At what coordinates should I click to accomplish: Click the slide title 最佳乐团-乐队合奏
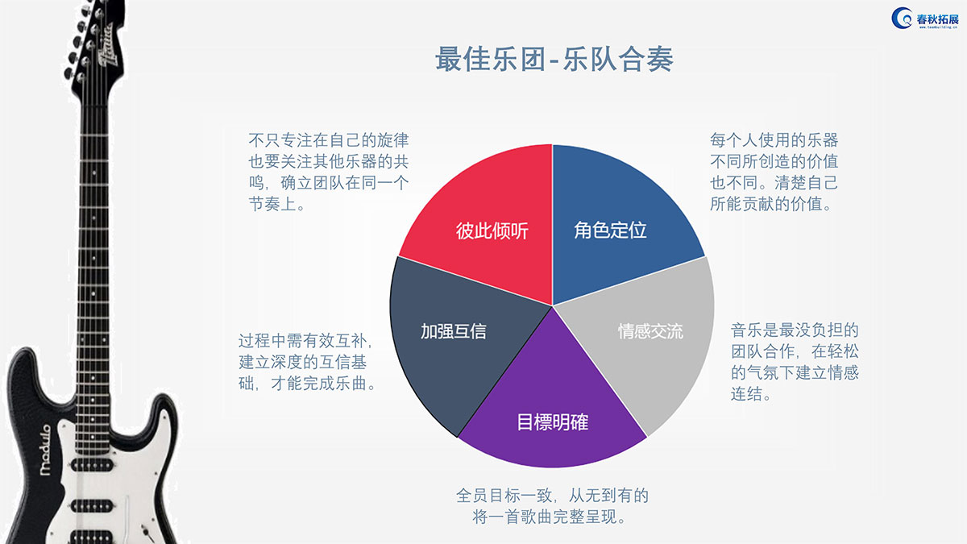(554, 59)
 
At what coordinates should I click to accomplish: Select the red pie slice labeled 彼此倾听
(488, 225)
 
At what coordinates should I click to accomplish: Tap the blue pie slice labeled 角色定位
(617, 225)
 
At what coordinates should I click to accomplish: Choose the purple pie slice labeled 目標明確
(552, 410)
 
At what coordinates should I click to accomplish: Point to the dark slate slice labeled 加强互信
(458, 341)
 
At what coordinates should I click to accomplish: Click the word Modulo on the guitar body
(45, 450)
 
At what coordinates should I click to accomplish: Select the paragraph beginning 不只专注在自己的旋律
(329, 172)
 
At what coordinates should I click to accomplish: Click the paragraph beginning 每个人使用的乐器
(774, 172)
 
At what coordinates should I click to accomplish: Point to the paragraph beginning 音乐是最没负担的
(795, 362)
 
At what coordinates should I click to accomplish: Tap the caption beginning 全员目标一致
(552, 506)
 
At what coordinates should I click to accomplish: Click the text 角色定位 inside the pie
(610, 230)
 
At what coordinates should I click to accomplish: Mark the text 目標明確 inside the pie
(552, 421)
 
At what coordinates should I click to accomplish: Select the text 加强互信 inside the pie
(453, 331)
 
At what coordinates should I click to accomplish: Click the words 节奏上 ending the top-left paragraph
(272, 204)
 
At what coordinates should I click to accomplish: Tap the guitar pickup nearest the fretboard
(92, 465)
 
